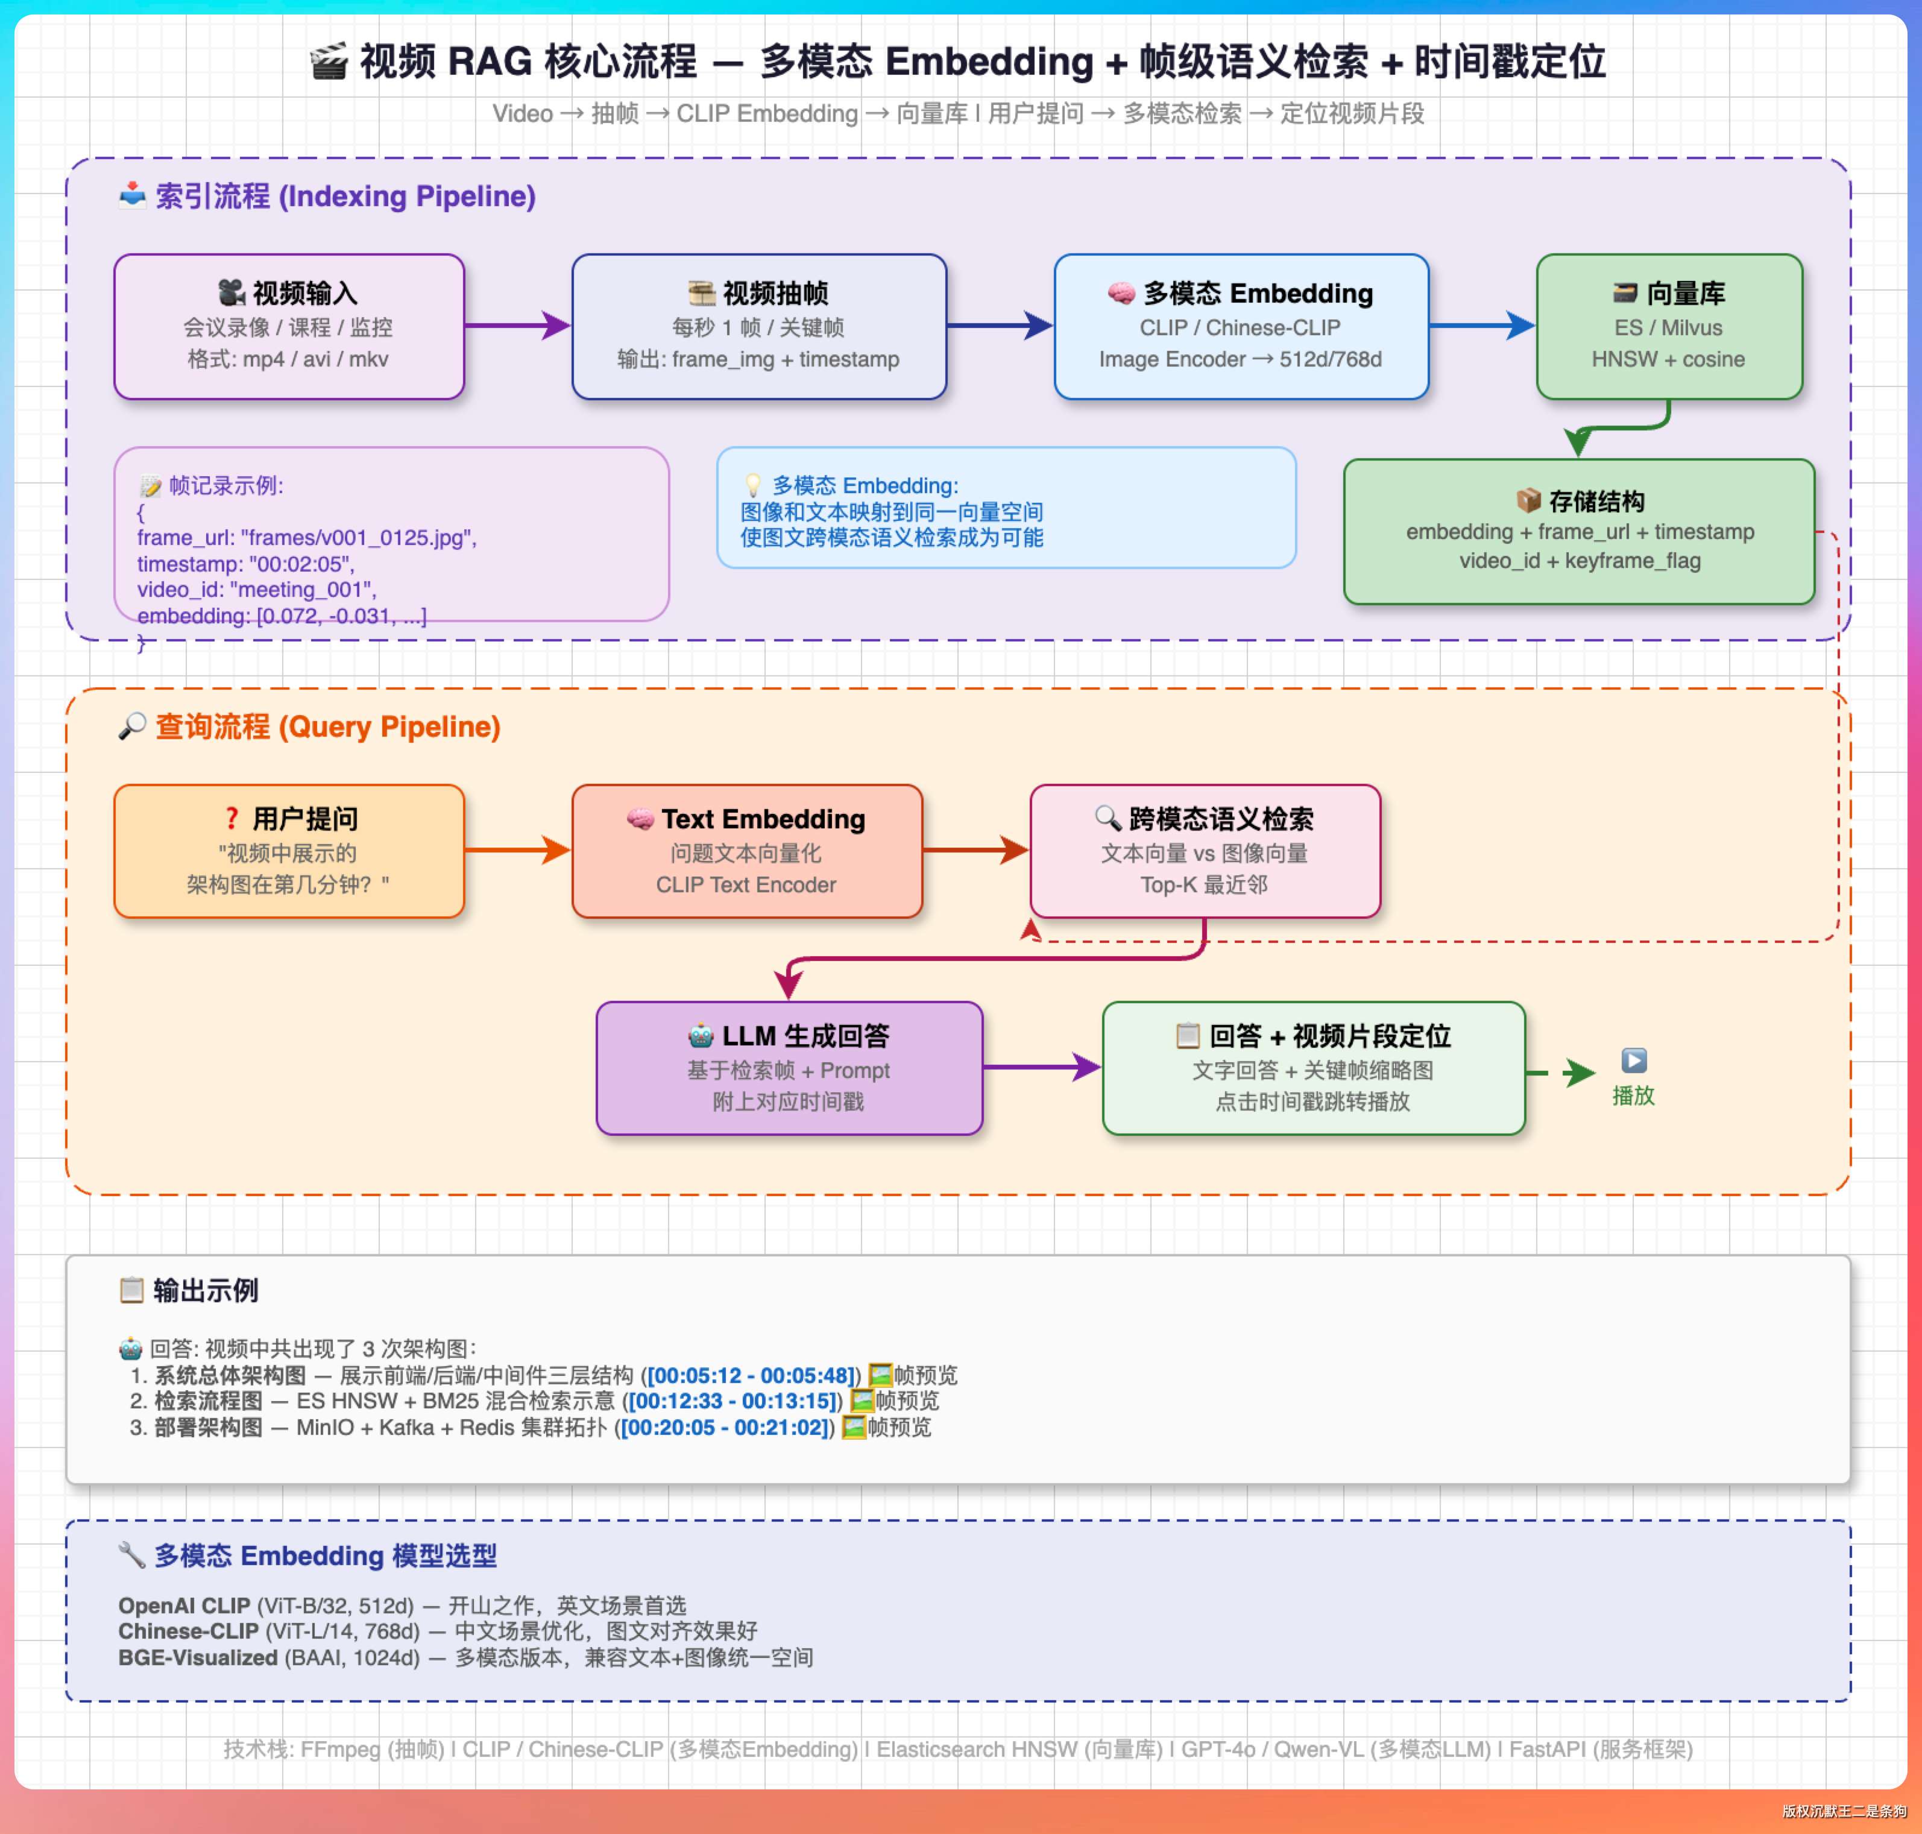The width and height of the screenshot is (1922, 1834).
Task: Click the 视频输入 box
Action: [288, 327]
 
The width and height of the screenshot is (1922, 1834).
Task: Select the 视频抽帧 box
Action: [758, 327]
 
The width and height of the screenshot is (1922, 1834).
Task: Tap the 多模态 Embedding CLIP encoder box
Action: [1241, 327]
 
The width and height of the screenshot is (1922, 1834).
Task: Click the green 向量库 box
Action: [1669, 327]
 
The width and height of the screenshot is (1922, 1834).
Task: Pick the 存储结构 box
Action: [1579, 532]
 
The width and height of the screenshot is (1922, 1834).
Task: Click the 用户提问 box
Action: [288, 851]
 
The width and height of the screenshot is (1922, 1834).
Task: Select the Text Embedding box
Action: [747, 851]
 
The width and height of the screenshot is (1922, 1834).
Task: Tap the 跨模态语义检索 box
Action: [1205, 851]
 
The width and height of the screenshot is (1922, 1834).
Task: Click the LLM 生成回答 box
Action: [789, 1068]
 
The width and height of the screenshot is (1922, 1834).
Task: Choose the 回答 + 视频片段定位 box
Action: [1313, 1068]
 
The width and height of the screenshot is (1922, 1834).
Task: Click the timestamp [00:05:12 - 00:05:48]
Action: [752, 1376]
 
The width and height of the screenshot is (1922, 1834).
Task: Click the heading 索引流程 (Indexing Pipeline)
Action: [344, 197]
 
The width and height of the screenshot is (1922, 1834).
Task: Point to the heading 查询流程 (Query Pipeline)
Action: [327, 727]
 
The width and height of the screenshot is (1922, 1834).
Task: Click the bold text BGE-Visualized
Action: [198, 1658]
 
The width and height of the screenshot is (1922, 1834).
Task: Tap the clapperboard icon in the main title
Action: [329, 61]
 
